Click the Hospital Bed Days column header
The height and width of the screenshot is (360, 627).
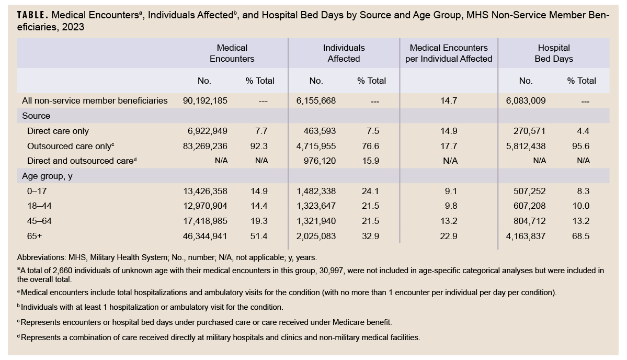click(x=553, y=53)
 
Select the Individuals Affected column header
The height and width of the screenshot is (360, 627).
click(x=344, y=53)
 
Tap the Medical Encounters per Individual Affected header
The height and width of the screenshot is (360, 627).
click(x=449, y=53)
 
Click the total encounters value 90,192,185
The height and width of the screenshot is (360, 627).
click(x=206, y=100)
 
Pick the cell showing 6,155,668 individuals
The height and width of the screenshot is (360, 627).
click(x=316, y=100)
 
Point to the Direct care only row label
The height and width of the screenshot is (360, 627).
click(x=58, y=131)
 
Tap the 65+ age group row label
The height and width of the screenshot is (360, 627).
click(x=35, y=236)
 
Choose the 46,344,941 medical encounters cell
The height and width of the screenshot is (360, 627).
click(x=206, y=236)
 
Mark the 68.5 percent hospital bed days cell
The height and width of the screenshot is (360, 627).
click(x=580, y=236)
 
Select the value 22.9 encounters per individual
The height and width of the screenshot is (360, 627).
click(x=449, y=236)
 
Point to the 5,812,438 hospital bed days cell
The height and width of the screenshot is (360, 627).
click(x=525, y=146)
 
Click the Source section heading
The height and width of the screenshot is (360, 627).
click(x=36, y=116)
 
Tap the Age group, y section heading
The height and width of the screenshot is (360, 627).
click(x=47, y=176)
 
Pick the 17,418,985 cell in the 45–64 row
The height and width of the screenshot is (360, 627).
click(x=206, y=221)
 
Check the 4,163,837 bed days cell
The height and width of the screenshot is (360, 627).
click(x=525, y=236)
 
